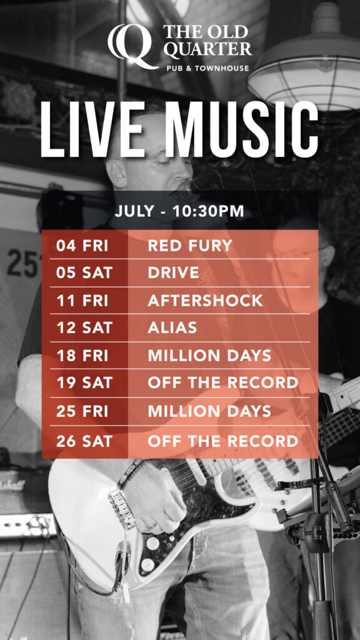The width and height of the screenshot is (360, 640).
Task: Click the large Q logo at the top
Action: pyautogui.click(x=133, y=46)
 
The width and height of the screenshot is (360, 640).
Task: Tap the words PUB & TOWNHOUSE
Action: pyautogui.click(x=207, y=67)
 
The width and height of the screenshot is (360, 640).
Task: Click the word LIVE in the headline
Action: pyautogui.click(x=92, y=129)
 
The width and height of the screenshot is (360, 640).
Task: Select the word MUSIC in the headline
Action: pyautogui.click(x=244, y=129)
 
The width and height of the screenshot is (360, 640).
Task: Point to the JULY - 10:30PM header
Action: pyautogui.click(x=179, y=211)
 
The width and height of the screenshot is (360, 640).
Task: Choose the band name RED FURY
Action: pyautogui.click(x=190, y=246)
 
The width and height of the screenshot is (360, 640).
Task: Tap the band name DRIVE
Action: pyautogui.click(x=174, y=272)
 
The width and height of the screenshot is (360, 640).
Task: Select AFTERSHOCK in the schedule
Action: pyautogui.click(x=205, y=301)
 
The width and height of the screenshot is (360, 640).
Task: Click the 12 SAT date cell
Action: pyautogui.click(x=84, y=327)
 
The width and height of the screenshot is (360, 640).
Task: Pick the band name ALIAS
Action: pyautogui.click(x=172, y=327)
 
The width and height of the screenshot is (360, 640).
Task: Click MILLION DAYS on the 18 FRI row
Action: pyautogui.click(x=209, y=356)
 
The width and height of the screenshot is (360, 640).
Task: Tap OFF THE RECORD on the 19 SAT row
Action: pyautogui.click(x=223, y=383)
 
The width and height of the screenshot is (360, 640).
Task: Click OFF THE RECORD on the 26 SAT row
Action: pyautogui.click(x=223, y=441)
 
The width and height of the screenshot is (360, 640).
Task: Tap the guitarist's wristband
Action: pyautogui.click(x=130, y=474)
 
